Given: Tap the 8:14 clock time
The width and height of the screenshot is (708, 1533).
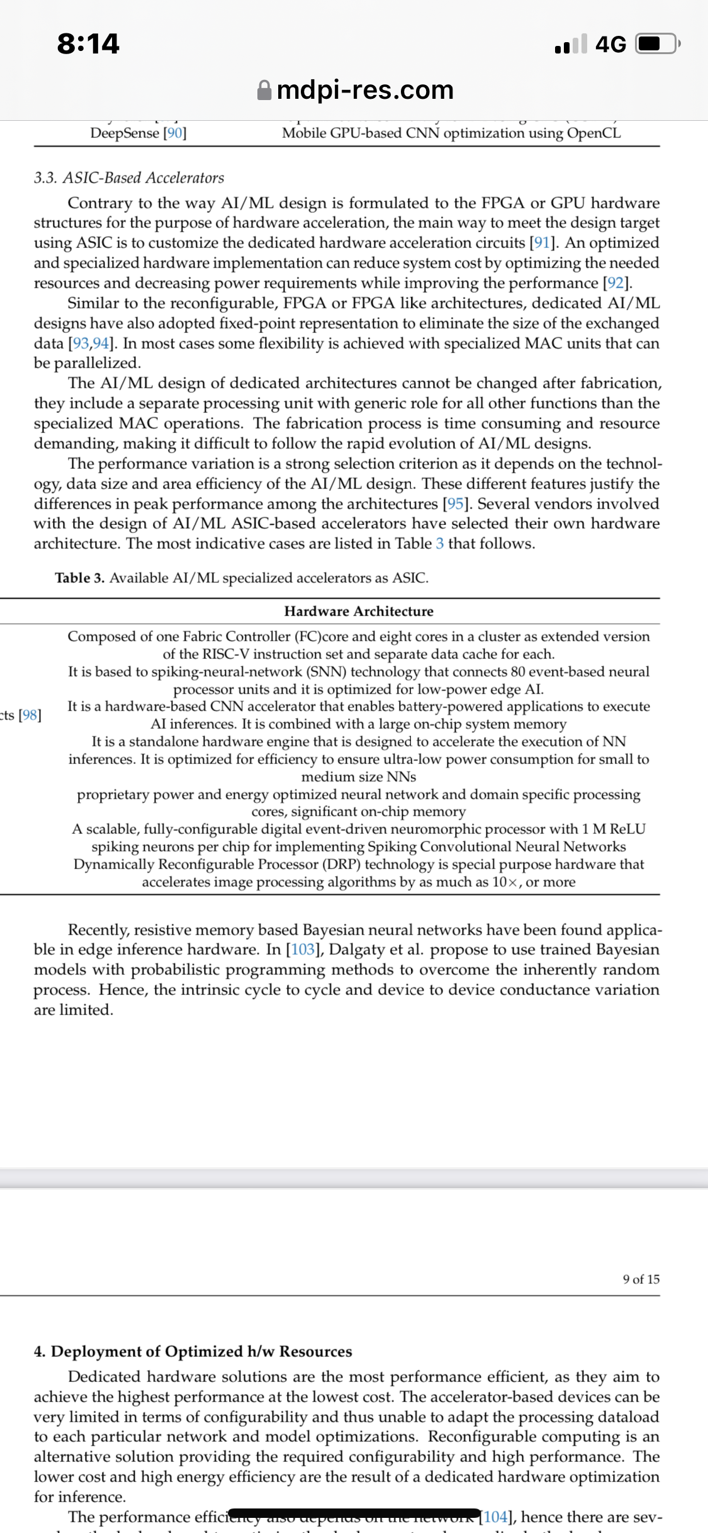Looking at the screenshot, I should click(88, 43).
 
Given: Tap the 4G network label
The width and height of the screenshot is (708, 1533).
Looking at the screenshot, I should click(610, 44).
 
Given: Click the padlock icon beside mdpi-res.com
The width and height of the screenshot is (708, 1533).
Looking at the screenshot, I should click(265, 90).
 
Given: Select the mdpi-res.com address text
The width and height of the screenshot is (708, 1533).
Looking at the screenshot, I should click(365, 90).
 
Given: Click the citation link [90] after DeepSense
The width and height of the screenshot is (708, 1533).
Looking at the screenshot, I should click(174, 133).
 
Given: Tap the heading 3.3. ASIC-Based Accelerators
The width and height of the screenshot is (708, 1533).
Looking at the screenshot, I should click(129, 178).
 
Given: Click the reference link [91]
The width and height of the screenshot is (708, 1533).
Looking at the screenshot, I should click(542, 243).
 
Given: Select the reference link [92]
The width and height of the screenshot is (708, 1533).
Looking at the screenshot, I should click(616, 283).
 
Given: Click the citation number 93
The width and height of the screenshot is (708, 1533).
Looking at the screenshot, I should click(81, 344).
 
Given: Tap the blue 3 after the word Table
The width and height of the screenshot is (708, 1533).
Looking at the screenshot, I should click(439, 544).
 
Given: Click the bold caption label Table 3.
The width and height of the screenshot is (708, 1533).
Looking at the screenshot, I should click(80, 578).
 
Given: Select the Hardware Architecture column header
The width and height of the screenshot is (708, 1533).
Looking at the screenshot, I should click(359, 611).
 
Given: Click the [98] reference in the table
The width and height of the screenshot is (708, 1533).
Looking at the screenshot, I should click(30, 715).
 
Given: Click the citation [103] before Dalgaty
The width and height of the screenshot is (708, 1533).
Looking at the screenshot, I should click(303, 950).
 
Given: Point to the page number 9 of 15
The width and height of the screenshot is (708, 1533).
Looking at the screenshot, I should click(641, 1279).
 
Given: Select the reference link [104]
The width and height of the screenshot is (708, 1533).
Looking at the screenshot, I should click(496, 1517).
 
